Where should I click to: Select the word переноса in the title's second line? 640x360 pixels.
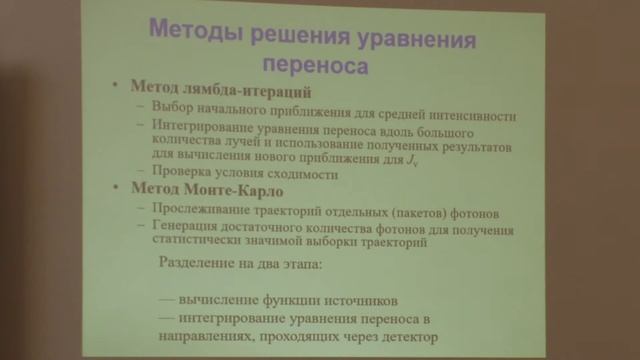pos(315,66)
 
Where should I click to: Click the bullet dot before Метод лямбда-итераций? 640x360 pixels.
pos(117,91)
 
